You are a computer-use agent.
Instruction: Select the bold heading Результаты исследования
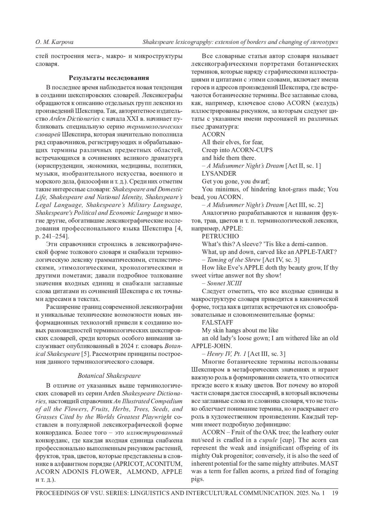click(109, 78)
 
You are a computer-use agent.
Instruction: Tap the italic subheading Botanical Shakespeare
click(109, 376)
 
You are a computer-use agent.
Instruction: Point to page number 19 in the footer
click(335, 493)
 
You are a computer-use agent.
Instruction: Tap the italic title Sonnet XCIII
click(224, 283)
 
